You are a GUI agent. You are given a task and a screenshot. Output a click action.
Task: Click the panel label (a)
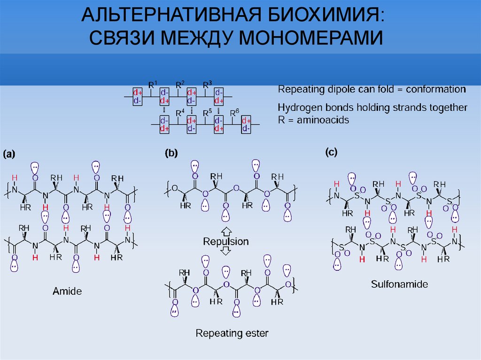pos(9,154)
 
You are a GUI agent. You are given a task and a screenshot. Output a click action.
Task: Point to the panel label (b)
pos(171,153)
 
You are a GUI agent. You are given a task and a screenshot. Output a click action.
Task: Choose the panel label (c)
pos(331,152)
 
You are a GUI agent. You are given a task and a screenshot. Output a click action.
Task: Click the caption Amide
pos(67,291)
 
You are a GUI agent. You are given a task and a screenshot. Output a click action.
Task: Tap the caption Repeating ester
pos(232,333)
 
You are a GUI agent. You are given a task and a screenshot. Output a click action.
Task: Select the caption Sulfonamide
pos(399,284)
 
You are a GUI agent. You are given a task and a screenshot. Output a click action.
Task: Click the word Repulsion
pos(226,242)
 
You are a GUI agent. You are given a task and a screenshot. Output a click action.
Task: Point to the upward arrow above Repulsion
pos(226,231)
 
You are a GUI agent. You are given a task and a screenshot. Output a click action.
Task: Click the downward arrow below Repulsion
pos(226,251)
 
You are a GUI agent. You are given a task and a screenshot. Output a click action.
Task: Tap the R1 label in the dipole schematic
pos(153,84)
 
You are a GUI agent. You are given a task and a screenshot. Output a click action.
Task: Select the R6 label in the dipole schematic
pos(235,113)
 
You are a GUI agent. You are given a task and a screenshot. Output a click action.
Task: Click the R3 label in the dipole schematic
pos(208,84)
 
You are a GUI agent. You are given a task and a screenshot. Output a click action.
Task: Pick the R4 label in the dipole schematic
pos(180,113)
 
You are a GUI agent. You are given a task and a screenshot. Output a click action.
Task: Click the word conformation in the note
pos(436,90)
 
